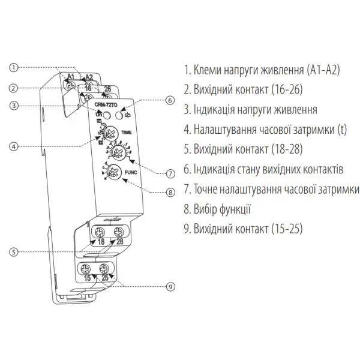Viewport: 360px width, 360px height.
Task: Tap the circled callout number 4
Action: coord(16,144)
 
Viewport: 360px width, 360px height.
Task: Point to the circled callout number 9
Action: coord(170,287)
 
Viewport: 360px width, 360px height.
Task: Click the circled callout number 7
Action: coord(170,173)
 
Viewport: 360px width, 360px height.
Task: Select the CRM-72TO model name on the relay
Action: coord(107,104)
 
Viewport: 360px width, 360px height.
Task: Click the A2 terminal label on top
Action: coord(89,77)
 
